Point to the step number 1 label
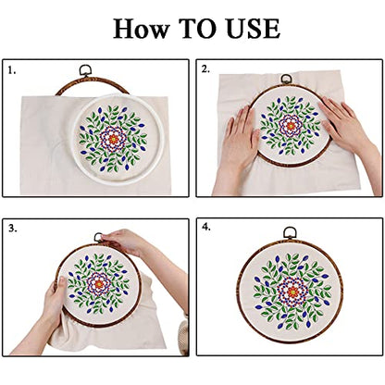12,69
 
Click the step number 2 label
206,69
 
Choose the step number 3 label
12,227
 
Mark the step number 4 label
206,227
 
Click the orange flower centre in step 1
113,140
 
